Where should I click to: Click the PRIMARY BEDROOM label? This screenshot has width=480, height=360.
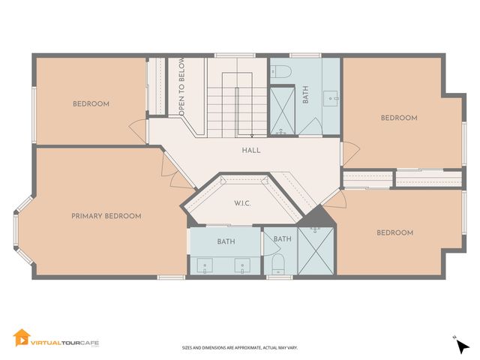click(106, 216)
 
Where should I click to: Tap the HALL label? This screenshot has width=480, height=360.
click(251, 150)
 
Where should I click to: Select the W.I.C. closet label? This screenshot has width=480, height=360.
click(241, 202)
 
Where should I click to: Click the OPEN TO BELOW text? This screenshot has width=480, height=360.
click(181, 88)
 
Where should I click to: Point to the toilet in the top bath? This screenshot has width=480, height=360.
click(281, 73)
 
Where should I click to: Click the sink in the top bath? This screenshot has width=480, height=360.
click(331, 96)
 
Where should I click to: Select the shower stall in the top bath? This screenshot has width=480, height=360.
click(282, 111)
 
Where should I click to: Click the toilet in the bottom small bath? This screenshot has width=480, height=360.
click(277, 263)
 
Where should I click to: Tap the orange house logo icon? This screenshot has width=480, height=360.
click(22, 339)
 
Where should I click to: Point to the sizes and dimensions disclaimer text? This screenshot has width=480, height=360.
click(239, 348)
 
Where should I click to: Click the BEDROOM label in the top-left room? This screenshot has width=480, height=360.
click(91, 103)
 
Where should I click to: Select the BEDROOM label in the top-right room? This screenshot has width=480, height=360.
click(398, 118)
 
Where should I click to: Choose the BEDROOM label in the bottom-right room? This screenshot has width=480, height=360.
click(394, 232)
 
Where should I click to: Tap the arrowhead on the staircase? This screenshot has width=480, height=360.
click(252, 135)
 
